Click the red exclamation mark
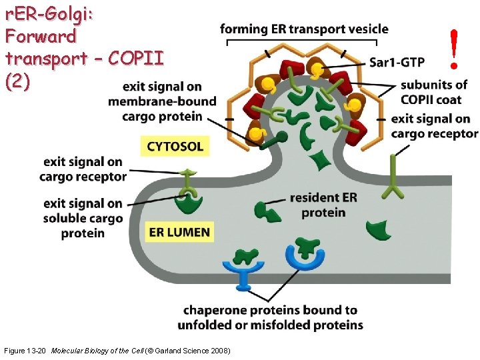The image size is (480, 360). (x=454, y=49)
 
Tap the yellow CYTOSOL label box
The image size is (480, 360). (x=175, y=147)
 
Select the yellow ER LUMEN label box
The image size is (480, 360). (x=179, y=233)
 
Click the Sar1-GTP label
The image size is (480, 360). (x=397, y=63)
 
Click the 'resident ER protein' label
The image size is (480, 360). (x=323, y=205)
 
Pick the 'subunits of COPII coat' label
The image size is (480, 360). (x=434, y=92)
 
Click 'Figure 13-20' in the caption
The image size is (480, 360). (x=25, y=351)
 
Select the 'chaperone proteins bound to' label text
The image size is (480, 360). (x=270, y=310)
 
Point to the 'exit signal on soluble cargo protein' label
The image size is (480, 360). (x=83, y=218)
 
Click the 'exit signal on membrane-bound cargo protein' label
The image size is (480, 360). (x=163, y=101)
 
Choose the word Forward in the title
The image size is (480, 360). (x=40, y=35)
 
